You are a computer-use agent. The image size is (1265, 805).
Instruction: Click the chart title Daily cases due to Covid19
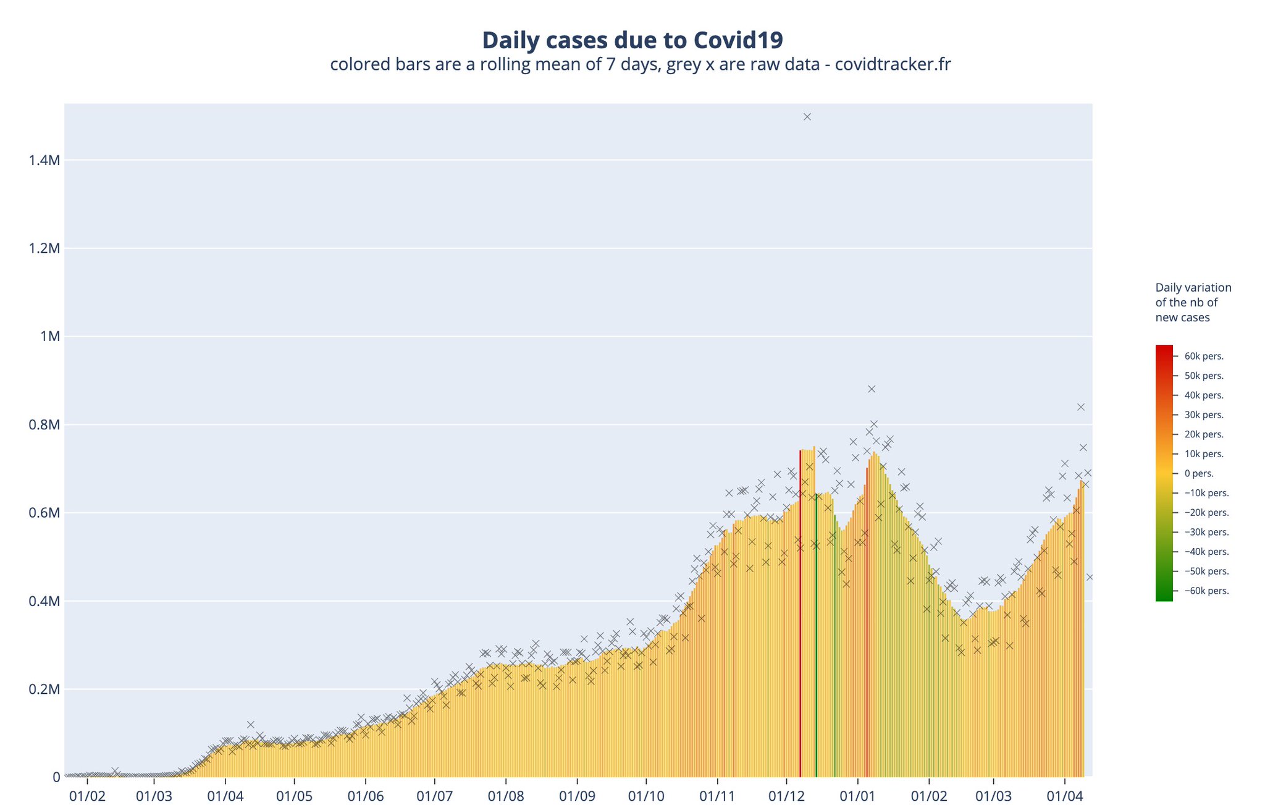pyautogui.click(x=632, y=40)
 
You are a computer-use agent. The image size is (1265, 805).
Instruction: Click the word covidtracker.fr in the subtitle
pyautogui.click(x=893, y=64)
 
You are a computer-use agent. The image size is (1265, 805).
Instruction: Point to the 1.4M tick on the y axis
pyautogui.click(x=44, y=161)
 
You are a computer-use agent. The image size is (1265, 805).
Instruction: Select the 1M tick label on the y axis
pyautogui.click(x=49, y=337)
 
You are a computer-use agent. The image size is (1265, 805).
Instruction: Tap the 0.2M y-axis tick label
pyautogui.click(x=44, y=689)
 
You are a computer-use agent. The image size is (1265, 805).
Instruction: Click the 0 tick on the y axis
pyautogui.click(x=56, y=777)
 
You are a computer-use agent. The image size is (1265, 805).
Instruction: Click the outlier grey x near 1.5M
pyautogui.click(x=807, y=117)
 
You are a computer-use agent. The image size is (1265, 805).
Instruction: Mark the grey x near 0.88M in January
pyautogui.click(x=872, y=389)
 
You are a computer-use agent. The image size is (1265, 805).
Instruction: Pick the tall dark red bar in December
pyautogui.click(x=801, y=612)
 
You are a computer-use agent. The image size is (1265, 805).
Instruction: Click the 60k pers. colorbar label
pyautogui.click(x=1204, y=356)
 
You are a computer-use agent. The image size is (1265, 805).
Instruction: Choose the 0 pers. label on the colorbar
pyautogui.click(x=1199, y=474)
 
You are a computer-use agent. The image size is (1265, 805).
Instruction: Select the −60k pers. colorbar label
pyautogui.click(x=1206, y=591)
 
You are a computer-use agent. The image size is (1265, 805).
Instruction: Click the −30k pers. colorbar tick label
pyautogui.click(x=1206, y=533)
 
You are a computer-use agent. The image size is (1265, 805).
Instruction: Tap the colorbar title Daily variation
pyautogui.click(x=1193, y=288)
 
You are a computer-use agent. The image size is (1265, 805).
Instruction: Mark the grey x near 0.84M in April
pyautogui.click(x=1081, y=407)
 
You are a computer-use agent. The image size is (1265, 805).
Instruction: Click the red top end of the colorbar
pyautogui.click(x=1164, y=349)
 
